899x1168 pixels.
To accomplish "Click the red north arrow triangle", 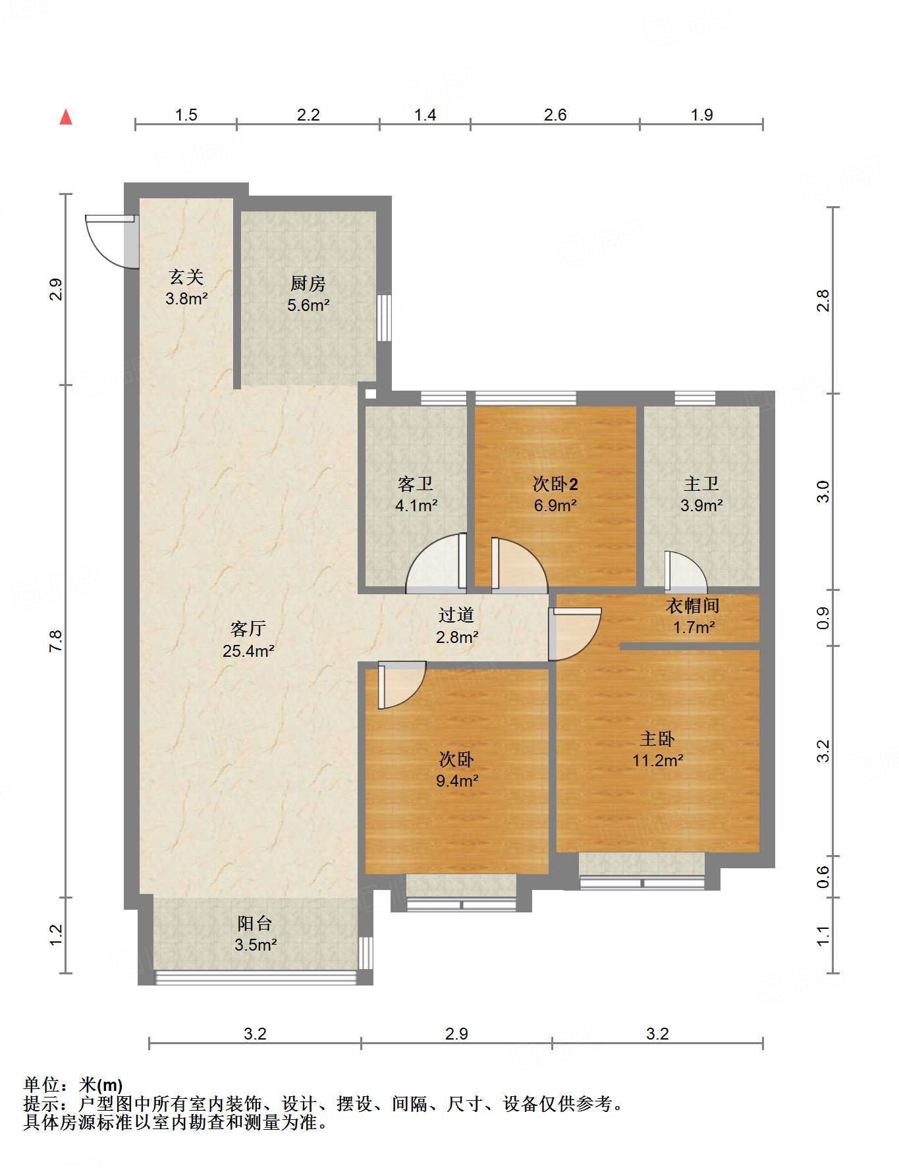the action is click(66, 117).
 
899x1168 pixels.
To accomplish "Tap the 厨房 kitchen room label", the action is click(308, 284).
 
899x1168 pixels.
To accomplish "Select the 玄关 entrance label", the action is click(186, 277).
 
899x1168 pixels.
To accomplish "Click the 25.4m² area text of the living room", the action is click(248, 651).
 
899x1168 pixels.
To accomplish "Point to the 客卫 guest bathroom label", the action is click(416, 484).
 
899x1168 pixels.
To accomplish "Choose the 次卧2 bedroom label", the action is click(555, 484).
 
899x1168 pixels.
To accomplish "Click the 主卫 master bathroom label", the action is click(701, 484).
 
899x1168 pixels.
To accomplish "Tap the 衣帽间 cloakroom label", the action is click(693, 606).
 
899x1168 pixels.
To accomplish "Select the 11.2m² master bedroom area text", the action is click(658, 761).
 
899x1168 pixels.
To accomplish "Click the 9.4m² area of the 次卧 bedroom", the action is click(457, 781).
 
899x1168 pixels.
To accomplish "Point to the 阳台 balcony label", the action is click(255, 924).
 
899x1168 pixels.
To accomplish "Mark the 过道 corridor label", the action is click(456, 615).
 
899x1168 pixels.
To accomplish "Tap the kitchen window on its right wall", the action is click(384, 318).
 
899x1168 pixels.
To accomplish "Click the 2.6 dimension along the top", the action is click(555, 115).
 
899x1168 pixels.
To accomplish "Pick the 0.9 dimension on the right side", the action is click(823, 617).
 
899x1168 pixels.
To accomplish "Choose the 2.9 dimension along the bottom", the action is click(456, 1034).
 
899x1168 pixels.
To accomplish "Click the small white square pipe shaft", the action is click(371, 394).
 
